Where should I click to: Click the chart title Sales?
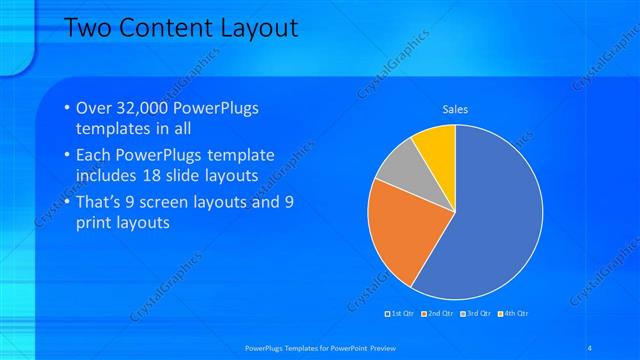[455, 109]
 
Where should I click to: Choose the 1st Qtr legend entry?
[402, 314]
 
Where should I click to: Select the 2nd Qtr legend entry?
[439, 314]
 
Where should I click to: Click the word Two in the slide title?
[87, 28]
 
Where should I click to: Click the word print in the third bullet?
[94, 222]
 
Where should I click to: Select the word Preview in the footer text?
[378, 347]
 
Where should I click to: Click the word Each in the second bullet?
[94, 156]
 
